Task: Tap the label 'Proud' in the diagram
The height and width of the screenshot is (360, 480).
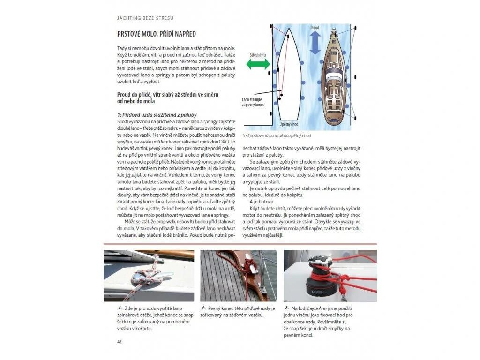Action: coord(315,28)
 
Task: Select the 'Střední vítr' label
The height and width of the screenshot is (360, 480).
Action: coord(258,55)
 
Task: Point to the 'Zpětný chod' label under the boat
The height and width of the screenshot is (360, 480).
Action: coord(290,124)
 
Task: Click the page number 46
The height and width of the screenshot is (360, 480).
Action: coord(120,341)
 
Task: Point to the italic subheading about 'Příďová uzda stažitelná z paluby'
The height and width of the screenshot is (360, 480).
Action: coord(157,115)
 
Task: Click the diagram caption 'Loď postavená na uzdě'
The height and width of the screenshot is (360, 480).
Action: coord(277,136)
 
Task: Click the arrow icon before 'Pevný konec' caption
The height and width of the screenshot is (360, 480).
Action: coord(203,308)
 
